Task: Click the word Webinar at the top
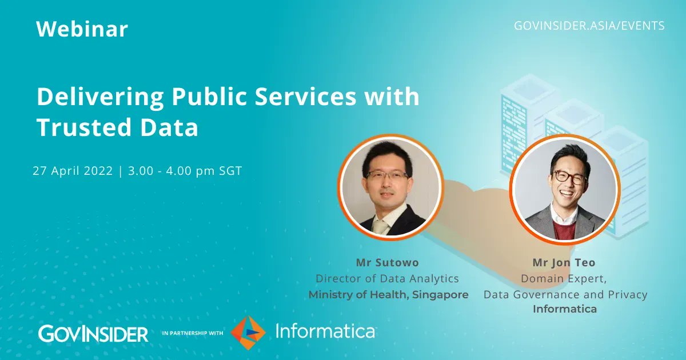[82, 29]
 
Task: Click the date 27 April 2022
[73, 171]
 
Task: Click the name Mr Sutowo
[388, 263]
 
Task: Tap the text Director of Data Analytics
[388, 279]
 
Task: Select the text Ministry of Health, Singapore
[388, 295]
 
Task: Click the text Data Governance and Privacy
[565, 295]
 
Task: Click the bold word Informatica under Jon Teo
[565, 309]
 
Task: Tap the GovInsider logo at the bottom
[93, 333]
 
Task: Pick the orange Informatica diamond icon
[248, 331]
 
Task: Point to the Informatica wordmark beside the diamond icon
[325, 331]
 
